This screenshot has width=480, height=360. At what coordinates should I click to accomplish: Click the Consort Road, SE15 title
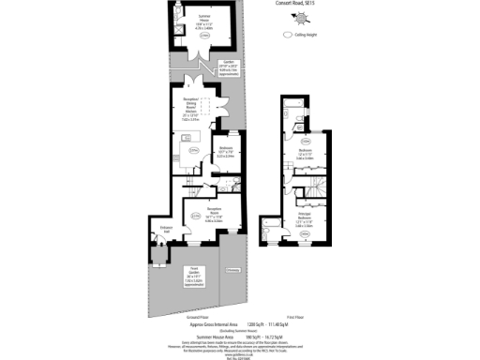291,4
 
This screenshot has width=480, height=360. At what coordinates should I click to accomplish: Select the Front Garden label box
193,276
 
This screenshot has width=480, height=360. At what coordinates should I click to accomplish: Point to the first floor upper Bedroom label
306,154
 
